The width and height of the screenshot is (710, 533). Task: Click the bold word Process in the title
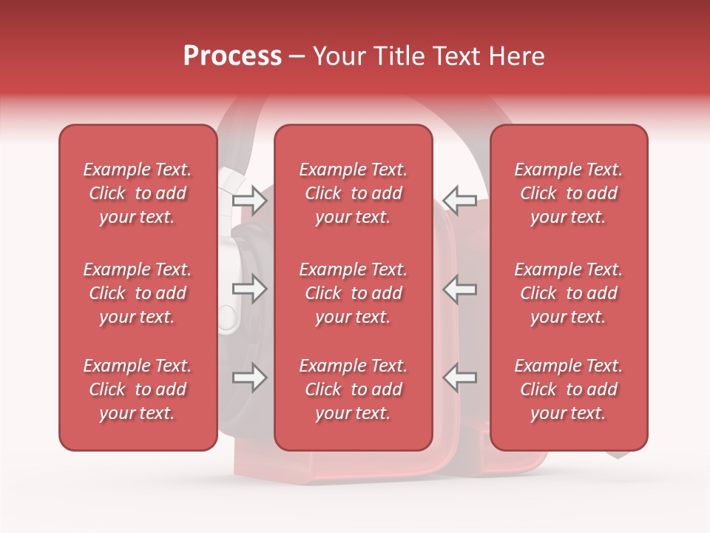pyautogui.click(x=232, y=56)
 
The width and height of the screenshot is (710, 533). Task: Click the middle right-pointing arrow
pyautogui.click(x=250, y=289)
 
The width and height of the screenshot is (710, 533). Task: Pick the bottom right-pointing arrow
pyautogui.click(x=250, y=378)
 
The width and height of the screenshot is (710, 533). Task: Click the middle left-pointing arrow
pyautogui.click(x=459, y=289)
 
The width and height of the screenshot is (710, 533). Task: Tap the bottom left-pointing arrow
pyautogui.click(x=459, y=378)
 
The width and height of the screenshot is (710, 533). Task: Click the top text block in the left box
pyautogui.click(x=138, y=193)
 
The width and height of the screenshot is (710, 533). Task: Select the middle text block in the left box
pyautogui.click(x=138, y=293)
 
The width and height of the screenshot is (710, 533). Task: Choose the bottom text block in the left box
pyautogui.click(x=138, y=389)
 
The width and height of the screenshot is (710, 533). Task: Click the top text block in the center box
pyautogui.click(x=353, y=193)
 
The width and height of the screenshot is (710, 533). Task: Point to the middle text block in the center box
pyautogui.click(x=353, y=293)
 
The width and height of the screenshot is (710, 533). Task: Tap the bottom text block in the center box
pyautogui.click(x=353, y=389)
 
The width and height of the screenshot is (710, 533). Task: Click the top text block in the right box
pyautogui.click(x=568, y=193)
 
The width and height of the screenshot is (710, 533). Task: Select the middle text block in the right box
pyautogui.click(x=568, y=293)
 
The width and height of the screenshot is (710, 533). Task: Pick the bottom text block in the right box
pyautogui.click(x=568, y=389)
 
